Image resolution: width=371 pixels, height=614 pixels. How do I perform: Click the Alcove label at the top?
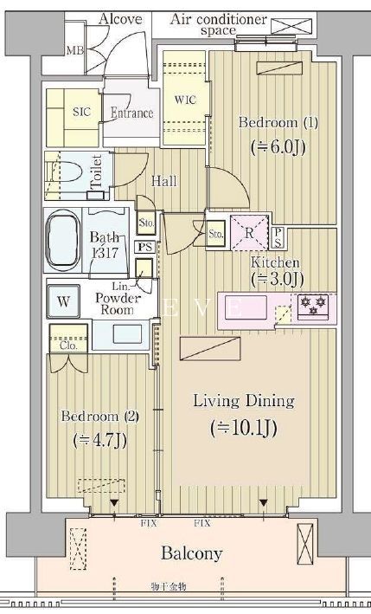[121, 19]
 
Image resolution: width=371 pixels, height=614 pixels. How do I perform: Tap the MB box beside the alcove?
[75, 50]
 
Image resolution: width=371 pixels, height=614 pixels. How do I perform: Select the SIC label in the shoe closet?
[81, 112]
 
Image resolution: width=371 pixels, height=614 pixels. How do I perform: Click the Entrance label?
[131, 113]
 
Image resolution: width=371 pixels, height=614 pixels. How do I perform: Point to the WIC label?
[185, 100]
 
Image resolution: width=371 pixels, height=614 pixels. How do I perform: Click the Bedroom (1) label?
[265, 122]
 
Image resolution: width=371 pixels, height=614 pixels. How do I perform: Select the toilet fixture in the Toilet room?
[64, 175]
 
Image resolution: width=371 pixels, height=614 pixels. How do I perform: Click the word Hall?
[164, 181]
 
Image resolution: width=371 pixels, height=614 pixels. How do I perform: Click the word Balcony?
[190, 553]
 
